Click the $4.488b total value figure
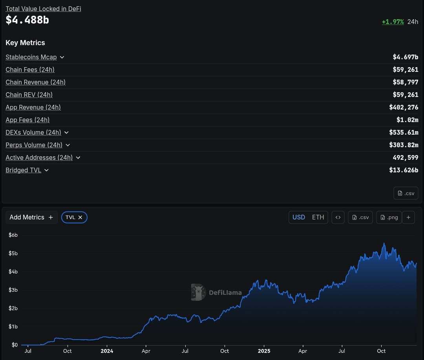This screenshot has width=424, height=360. click(x=27, y=20)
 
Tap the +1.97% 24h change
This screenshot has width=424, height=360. click(x=393, y=22)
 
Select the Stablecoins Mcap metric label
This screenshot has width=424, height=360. click(x=31, y=57)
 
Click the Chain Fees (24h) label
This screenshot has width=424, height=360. click(x=30, y=69)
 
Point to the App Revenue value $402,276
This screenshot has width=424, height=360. click(x=403, y=107)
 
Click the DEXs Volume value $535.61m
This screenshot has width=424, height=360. click(x=403, y=132)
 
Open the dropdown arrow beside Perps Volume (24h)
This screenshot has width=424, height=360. click(x=68, y=145)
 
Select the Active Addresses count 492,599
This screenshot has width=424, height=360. click(x=405, y=157)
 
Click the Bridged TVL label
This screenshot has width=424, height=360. click(x=23, y=170)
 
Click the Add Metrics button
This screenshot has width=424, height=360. click(x=31, y=217)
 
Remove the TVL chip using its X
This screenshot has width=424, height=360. click(x=80, y=217)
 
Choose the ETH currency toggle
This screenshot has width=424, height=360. click(x=318, y=217)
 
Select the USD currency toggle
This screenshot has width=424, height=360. click(x=299, y=217)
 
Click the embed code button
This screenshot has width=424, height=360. click(x=338, y=217)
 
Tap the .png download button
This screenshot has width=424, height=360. click(x=389, y=217)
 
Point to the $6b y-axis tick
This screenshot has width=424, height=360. click(x=13, y=235)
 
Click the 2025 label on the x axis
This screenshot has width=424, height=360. click(x=264, y=351)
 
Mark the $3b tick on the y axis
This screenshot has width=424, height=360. click(x=13, y=290)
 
